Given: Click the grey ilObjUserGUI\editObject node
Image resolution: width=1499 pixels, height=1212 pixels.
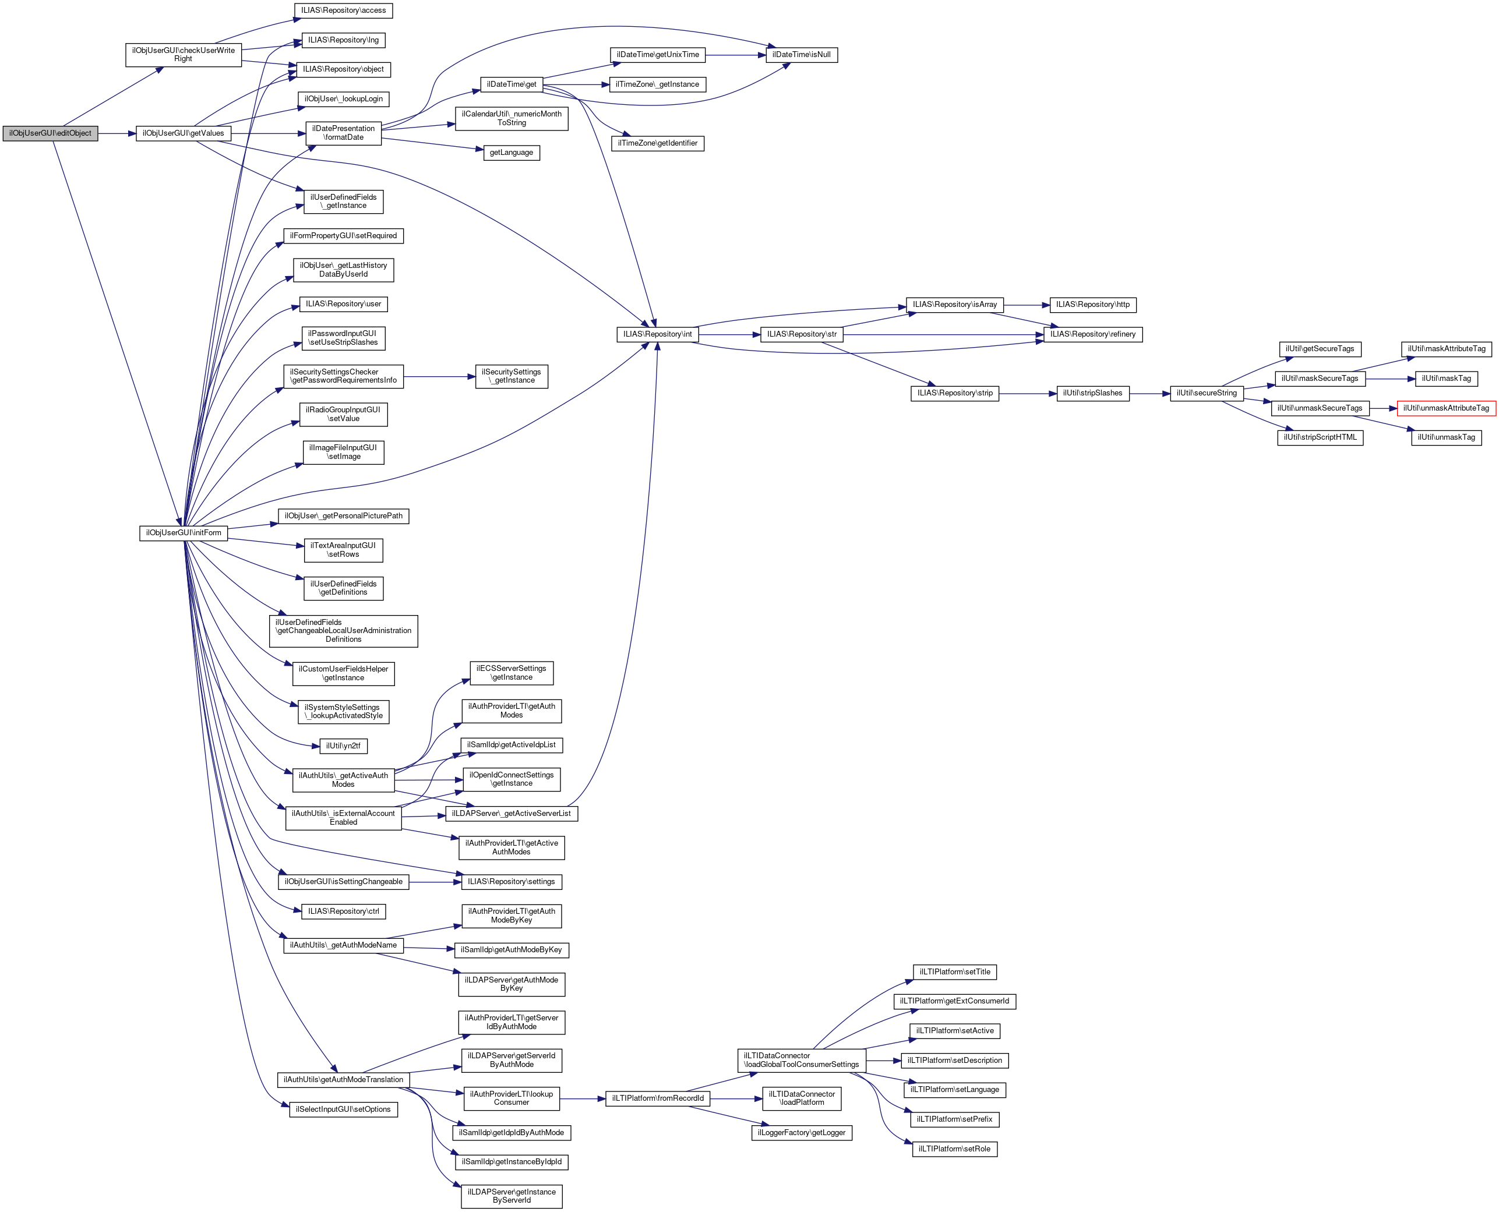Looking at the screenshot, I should [x=50, y=133].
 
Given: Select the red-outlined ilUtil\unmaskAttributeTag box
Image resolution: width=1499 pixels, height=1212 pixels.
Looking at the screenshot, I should [x=1446, y=408].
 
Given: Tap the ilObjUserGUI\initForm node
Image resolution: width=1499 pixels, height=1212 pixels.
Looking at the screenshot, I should [x=184, y=533].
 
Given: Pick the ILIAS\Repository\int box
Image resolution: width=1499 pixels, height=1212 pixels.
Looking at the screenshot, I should [x=658, y=334].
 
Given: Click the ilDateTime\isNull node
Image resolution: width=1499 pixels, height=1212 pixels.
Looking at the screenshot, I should [x=802, y=55].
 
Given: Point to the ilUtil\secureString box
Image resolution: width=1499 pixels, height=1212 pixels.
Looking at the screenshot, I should [x=1207, y=394].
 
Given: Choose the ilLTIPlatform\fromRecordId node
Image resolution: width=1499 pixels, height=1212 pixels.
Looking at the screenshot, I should [x=658, y=1099].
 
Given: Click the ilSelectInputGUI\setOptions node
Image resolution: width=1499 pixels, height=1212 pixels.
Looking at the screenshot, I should [x=344, y=1109].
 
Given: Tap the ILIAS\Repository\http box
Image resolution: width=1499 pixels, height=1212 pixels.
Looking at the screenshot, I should [x=1093, y=305].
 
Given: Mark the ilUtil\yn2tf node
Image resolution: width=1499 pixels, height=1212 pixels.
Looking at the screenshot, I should [x=344, y=746].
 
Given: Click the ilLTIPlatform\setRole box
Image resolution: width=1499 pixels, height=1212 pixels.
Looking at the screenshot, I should [x=954, y=1149].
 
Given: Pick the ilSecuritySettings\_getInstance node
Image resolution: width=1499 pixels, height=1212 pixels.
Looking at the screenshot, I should [x=512, y=376].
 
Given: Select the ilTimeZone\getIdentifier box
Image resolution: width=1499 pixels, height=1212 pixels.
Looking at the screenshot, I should [x=658, y=143].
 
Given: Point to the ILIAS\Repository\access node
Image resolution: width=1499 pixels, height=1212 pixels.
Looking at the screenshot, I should [x=344, y=10].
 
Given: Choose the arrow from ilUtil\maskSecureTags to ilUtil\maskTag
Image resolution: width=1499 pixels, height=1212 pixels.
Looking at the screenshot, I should [x=1390, y=379].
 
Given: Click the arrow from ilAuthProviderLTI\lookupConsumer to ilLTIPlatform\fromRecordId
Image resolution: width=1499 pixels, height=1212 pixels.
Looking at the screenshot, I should [x=582, y=1099].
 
